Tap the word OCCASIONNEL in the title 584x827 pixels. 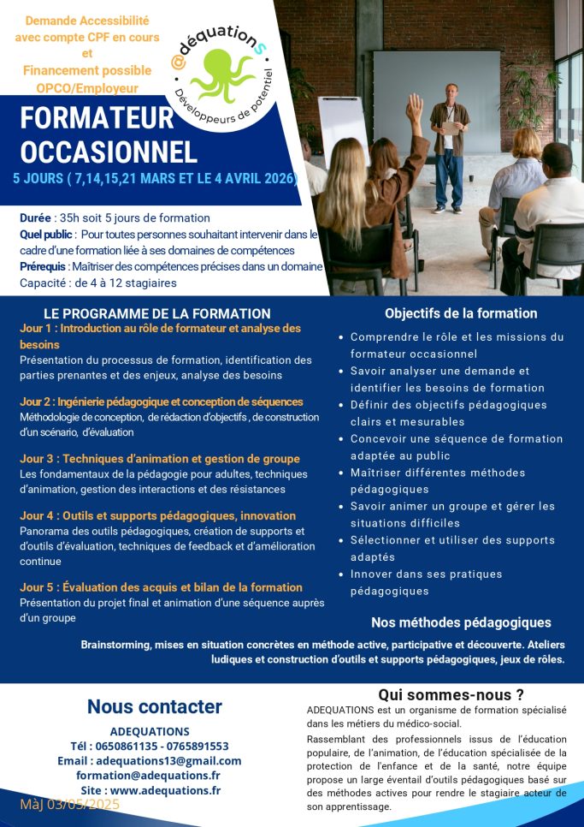[109, 152]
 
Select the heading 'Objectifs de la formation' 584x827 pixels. [461, 313]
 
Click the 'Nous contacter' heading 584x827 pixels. [155, 706]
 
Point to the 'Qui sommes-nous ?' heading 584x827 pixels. [451, 694]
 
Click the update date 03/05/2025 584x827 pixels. [85, 805]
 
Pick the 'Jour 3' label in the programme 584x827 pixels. [38, 459]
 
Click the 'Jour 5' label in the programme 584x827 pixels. [38, 587]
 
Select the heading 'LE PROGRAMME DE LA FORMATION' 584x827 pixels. [157, 314]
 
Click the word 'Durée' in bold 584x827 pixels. [37, 218]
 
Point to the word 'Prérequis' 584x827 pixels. [44, 266]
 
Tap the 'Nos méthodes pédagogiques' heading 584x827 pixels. [461, 622]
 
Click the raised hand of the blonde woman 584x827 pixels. [415, 107]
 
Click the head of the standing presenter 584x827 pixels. [450, 92]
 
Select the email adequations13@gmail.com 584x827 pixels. [168, 760]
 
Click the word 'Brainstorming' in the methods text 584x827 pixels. [119, 645]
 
